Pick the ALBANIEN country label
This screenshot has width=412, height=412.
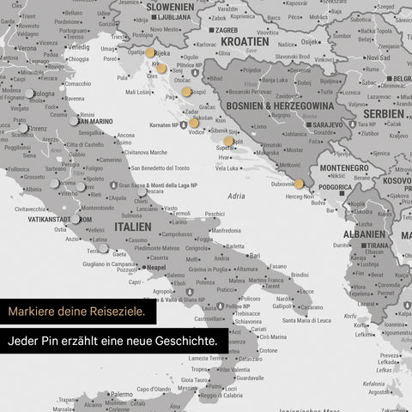point(364,233)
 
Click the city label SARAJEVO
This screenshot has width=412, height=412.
point(327,124)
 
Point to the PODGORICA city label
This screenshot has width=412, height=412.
point(335,187)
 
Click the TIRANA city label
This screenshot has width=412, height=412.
point(378,245)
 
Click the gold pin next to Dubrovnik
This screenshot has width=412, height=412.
point(299,183)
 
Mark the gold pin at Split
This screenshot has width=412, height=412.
point(228,141)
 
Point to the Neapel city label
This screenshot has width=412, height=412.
point(155,267)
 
